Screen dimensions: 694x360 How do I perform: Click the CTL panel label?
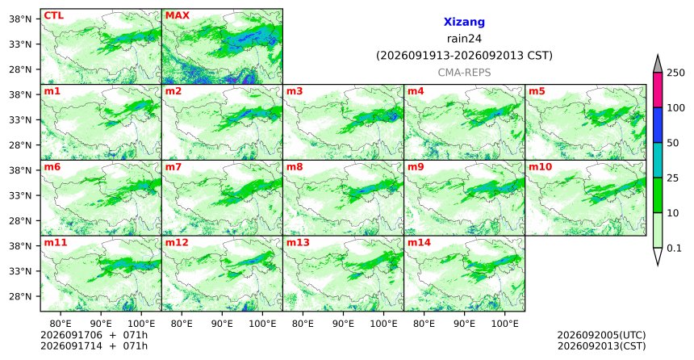(x=53, y=16)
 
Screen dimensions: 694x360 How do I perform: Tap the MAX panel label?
(x=177, y=16)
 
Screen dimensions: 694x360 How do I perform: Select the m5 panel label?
(x=537, y=92)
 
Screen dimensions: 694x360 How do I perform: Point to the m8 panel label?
(x=295, y=167)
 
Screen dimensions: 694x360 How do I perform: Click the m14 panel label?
(x=419, y=243)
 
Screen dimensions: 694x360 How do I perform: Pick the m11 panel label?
(x=56, y=243)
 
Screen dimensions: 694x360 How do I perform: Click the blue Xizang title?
(x=464, y=22)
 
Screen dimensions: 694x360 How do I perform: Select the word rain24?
(x=464, y=39)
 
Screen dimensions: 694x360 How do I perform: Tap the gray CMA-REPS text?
(x=464, y=73)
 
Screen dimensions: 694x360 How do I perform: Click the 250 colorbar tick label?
(x=675, y=73)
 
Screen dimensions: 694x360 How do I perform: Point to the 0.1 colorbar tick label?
(x=674, y=249)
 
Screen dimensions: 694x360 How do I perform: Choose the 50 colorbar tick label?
(x=672, y=143)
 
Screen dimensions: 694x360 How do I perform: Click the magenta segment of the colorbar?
(x=658, y=90)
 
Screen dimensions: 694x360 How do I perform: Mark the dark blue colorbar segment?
(x=658, y=125)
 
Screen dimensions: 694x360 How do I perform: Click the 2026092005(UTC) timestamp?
(x=601, y=335)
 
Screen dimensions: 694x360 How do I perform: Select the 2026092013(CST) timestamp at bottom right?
(x=601, y=345)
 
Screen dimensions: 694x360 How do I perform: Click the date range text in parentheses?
(x=464, y=56)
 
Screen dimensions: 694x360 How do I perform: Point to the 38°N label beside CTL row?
(x=20, y=19)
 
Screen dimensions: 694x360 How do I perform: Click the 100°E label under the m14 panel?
(x=505, y=324)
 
